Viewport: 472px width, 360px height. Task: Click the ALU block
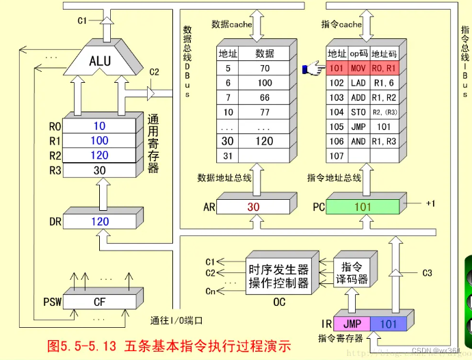[x=100, y=61]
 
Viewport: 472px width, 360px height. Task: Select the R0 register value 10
[x=100, y=127]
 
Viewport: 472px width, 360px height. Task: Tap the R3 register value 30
[x=100, y=170]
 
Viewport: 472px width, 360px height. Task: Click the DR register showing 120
[x=100, y=221]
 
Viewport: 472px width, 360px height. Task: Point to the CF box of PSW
[x=100, y=301]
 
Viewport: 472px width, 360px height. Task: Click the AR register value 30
[x=253, y=206]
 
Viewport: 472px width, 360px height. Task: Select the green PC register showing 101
[x=363, y=206]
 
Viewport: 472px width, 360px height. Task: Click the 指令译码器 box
[x=354, y=272]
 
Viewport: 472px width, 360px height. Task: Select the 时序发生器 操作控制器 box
[x=279, y=276]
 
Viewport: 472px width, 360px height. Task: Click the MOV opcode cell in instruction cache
[x=358, y=68]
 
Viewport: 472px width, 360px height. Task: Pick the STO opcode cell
[x=358, y=112]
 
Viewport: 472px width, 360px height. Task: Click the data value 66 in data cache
[x=265, y=97]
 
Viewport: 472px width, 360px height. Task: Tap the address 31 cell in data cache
[x=228, y=155]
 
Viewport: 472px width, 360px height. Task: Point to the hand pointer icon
[x=313, y=68]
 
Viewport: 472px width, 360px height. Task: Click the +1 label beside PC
[x=430, y=203]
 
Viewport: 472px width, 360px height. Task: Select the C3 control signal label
[x=427, y=273]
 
